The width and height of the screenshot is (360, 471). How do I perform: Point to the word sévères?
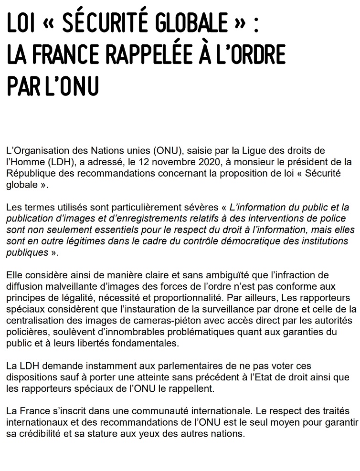200,208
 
